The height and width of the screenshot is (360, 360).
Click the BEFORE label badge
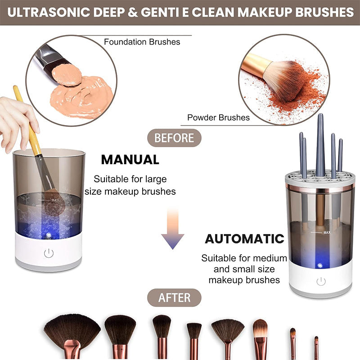pyautogui.click(x=174, y=138)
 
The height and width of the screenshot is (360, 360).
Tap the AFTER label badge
pyautogui.click(x=174, y=297)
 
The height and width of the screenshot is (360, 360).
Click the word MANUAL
pyautogui.click(x=130, y=159)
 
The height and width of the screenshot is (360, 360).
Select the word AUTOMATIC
pyautogui.click(x=245, y=238)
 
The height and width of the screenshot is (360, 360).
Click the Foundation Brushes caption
pyautogui.click(x=142, y=42)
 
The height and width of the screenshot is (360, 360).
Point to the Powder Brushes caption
pyautogui.click(x=218, y=118)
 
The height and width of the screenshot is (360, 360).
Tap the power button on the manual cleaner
pyautogui.click(x=49, y=253)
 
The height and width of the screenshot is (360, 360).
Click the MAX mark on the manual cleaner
pyautogui.click(x=55, y=200)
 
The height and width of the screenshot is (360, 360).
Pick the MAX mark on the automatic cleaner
pyautogui.click(x=327, y=233)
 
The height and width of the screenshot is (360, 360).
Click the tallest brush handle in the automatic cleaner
pyautogui.click(x=320, y=144)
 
